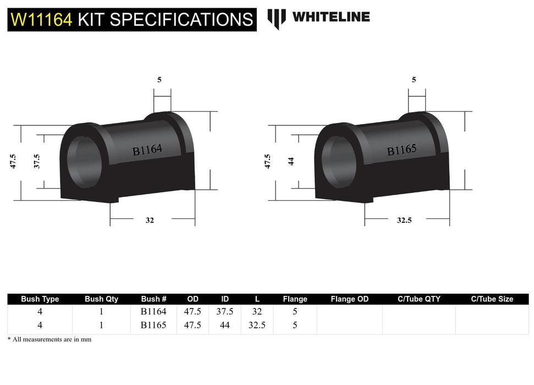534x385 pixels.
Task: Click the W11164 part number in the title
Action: [41, 20]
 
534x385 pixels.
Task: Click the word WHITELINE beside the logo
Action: [331, 17]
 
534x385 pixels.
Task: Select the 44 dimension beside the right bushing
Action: [291, 161]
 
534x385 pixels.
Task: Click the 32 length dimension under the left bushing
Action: [150, 220]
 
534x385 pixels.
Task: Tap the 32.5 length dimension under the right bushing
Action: [404, 220]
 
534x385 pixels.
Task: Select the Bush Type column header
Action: [40, 299]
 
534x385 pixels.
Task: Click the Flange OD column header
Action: [349, 299]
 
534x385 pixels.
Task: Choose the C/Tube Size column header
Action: [492, 299]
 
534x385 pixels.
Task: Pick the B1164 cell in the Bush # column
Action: [153, 311]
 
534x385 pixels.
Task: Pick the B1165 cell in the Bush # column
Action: [153, 325]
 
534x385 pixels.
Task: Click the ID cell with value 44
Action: [225, 325]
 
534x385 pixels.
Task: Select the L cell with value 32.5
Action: [257, 325]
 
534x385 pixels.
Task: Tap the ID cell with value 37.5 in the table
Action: [225, 311]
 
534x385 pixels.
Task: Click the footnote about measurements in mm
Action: [49, 339]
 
